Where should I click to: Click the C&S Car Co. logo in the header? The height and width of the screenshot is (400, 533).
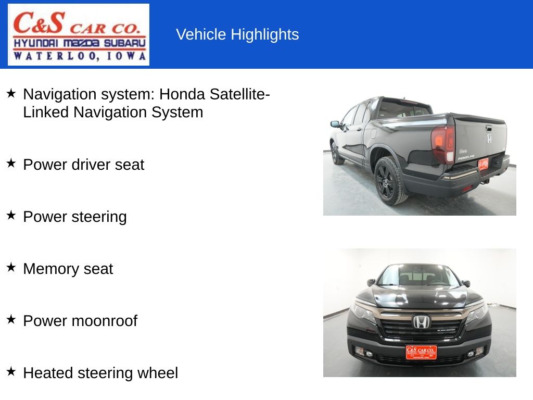tap(79, 34)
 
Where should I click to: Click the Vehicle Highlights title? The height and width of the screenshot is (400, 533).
tap(237, 34)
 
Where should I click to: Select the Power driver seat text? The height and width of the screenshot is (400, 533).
tap(83, 165)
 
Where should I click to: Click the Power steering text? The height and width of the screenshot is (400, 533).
tap(74, 217)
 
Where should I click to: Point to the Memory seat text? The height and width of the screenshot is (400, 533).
tap(68, 269)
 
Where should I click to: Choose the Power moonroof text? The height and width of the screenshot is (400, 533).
tap(80, 321)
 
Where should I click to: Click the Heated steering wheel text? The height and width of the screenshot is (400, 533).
tap(100, 373)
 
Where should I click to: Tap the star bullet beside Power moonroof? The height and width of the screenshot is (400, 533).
tap(11, 319)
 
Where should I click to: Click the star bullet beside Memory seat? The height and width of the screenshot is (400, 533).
tap(11, 267)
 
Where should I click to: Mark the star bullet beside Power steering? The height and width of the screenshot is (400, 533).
tap(11, 215)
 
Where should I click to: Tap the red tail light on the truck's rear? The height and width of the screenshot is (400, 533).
tap(443, 143)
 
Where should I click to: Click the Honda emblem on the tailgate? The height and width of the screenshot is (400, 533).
tap(489, 138)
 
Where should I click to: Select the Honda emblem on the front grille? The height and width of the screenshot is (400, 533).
tap(421, 322)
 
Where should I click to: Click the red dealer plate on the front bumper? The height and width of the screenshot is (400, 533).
tap(421, 352)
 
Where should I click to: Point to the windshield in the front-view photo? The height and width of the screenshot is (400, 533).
tap(418, 276)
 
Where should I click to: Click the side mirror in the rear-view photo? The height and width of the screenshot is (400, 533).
tap(335, 124)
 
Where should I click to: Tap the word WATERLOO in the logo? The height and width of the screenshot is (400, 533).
tap(45, 56)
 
